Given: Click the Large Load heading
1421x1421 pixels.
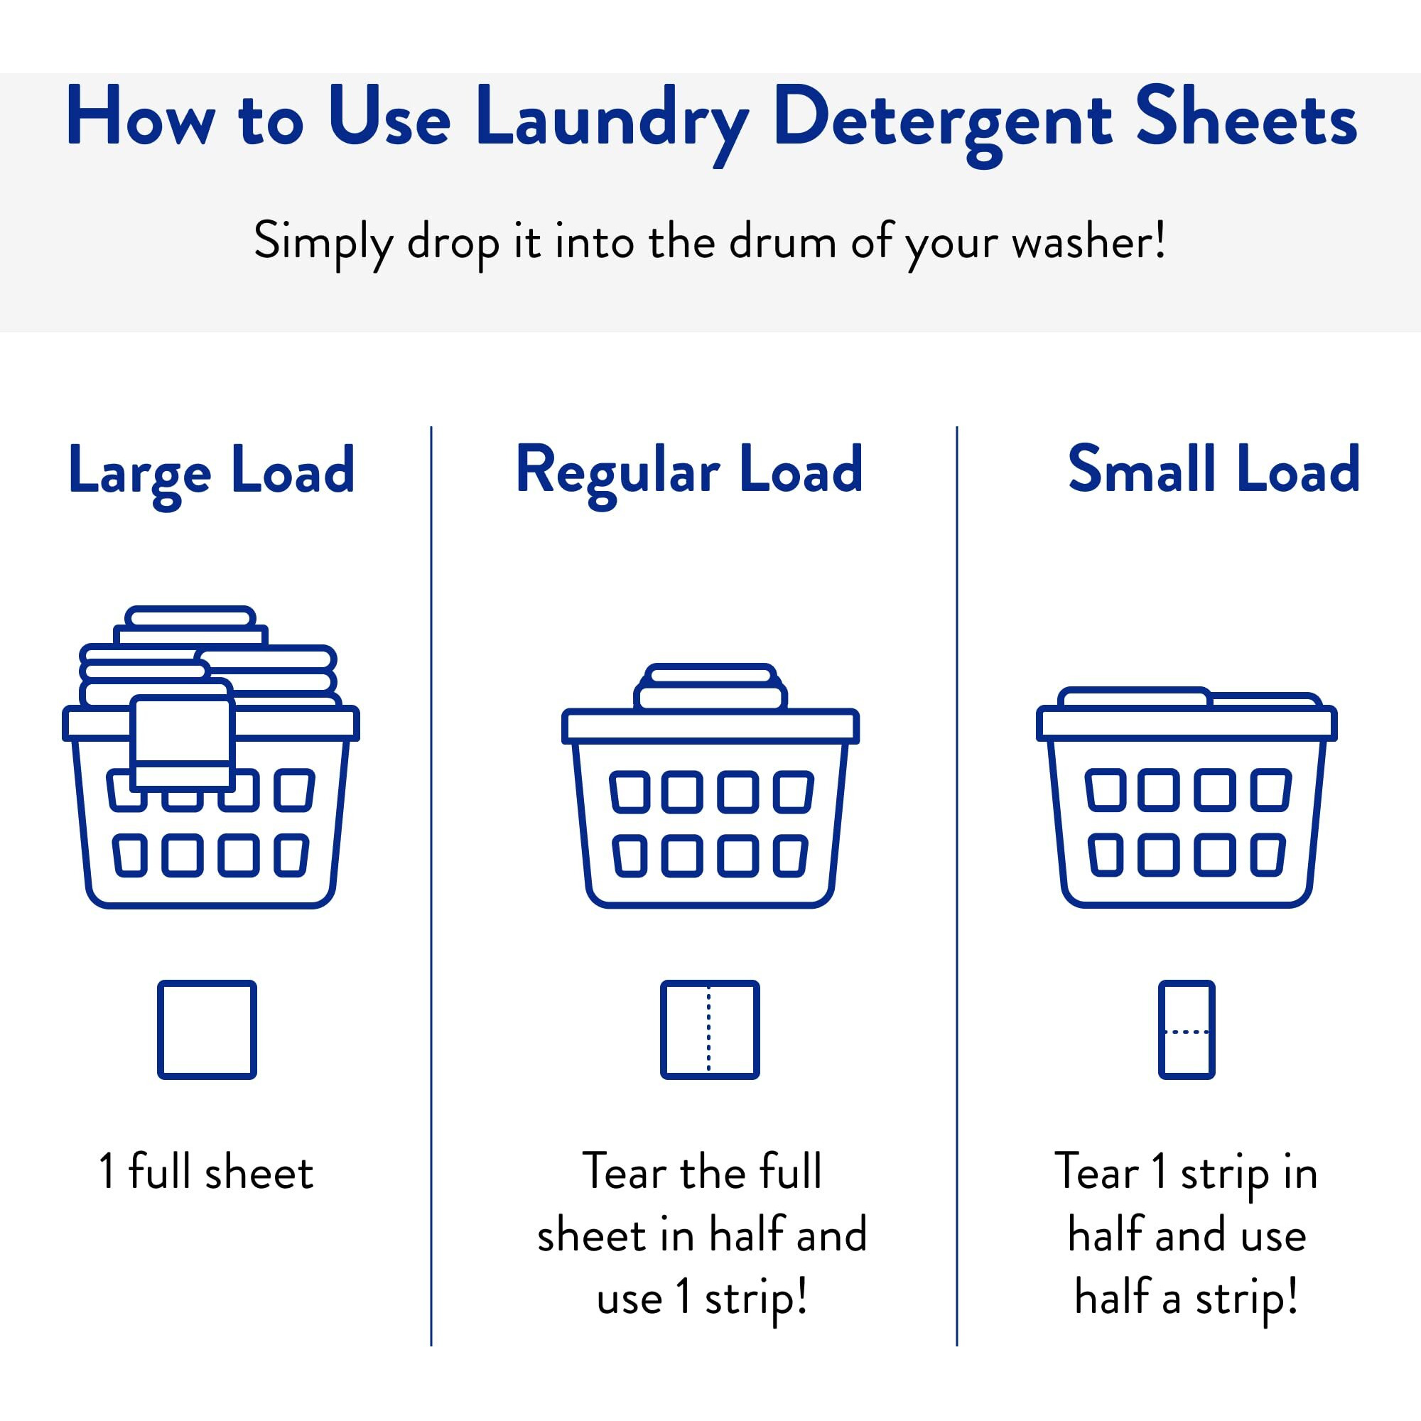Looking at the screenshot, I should (x=212, y=471).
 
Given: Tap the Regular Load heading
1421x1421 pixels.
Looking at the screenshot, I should (x=689, y=471).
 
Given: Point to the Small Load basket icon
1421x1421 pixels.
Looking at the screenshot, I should (x=1187, y=809).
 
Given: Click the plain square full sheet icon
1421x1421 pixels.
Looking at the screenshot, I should (x=207, y=1029).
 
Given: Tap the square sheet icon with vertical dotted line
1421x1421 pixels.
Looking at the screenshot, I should (x=709, y=1029).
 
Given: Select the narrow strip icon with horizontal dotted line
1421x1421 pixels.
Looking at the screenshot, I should (x=1187, y=1029).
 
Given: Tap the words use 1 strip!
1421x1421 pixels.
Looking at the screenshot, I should (x=703, y=1297).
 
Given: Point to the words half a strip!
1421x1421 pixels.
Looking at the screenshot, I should (x=1186, y=1297).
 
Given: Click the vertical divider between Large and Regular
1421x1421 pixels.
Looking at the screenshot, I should (x=431, y=882).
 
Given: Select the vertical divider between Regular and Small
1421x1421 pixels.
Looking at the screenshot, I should (x=957, y=882).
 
